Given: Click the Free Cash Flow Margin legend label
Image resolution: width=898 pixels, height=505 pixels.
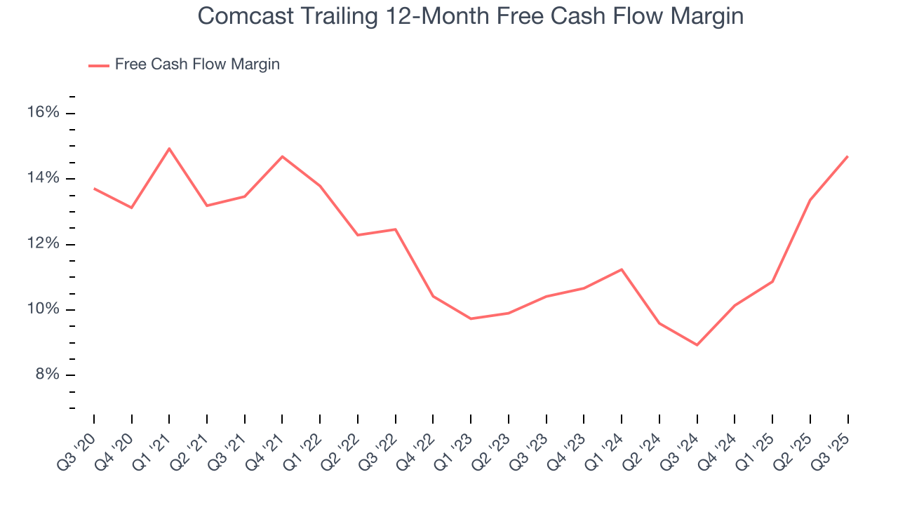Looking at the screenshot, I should [197, 65].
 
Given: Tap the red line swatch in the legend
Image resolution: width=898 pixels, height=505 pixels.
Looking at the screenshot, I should [98, 65].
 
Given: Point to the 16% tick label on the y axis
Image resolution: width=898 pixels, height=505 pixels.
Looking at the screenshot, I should [42, 113].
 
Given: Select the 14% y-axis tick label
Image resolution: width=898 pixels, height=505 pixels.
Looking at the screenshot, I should [42, 178].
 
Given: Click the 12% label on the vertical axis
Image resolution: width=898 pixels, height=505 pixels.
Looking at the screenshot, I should [42, 244].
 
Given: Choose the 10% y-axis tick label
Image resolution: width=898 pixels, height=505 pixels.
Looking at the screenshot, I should [42, 309].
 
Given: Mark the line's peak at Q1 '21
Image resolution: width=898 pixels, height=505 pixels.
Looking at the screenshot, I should [169, 149].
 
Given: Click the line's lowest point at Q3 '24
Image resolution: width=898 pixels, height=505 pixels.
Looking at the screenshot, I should [697, 345].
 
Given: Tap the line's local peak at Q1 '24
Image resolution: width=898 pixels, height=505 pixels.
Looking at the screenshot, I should [622, 269].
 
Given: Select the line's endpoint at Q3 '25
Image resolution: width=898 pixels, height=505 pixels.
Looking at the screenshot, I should [847, 156].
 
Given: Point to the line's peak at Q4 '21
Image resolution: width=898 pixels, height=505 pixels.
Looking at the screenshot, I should [282, 156].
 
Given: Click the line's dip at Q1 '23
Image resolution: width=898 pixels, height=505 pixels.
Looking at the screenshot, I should [471, 318].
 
